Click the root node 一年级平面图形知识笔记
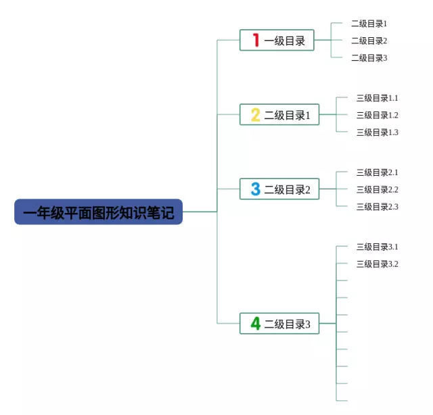99,212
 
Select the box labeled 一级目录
277,40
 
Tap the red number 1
256,40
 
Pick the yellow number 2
255,115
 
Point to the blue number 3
255,189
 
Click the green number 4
255,324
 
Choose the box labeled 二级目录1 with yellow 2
279,115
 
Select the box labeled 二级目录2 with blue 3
279,189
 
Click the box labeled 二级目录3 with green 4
279,324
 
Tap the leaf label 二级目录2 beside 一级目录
369,41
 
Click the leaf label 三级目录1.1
377,98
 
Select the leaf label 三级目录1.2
377,116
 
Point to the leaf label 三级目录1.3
377,132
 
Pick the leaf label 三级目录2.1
377,172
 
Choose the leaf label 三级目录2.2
377,190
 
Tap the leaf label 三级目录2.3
377,207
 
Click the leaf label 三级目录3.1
377,247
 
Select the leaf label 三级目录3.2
377,264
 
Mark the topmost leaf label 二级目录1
369,24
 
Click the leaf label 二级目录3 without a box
369,58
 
